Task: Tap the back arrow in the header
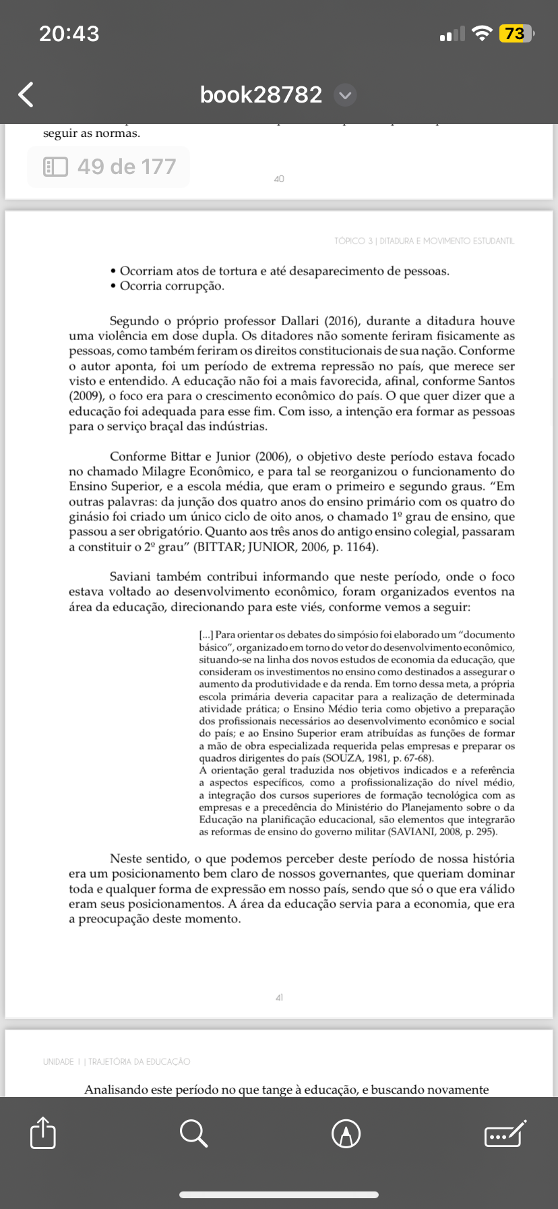(x=26, y=95)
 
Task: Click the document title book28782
(x=261, y=94)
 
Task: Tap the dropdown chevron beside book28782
(x=345, y=95)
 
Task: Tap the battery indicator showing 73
(x=516, y=34)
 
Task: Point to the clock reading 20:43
(x=69, y=34)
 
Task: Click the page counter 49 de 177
(x=108, y=167)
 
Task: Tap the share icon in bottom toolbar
(x=43, y=1133)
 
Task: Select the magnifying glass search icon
(x=193, y=1133)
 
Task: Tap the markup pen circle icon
(x=346, y=1133)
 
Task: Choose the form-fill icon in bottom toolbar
(x=505, y=1133)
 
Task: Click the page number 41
(x=279, y=997)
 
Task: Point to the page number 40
(x=279, y=179)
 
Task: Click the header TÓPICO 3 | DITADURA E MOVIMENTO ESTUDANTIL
(x=424, y=241)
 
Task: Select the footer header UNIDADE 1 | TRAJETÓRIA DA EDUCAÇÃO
(x=117, y=1061)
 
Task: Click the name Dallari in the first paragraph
(x=301, y=321)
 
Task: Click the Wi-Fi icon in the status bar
(x=482, y=34)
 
